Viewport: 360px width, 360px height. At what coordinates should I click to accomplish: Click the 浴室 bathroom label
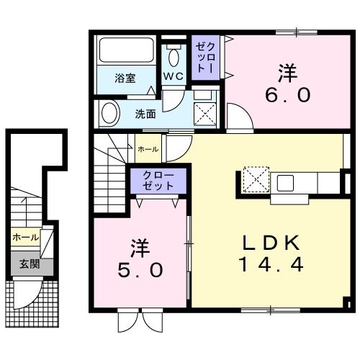point(125,78)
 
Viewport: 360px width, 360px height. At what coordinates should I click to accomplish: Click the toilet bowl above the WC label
point(174,56)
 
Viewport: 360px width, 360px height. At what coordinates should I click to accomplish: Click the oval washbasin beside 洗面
point(110,114)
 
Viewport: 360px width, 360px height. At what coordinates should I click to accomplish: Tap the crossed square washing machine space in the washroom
point(207,113)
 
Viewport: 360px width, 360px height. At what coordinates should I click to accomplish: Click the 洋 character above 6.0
point(287,73)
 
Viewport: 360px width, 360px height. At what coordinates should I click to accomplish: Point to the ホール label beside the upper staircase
point(148,148)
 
